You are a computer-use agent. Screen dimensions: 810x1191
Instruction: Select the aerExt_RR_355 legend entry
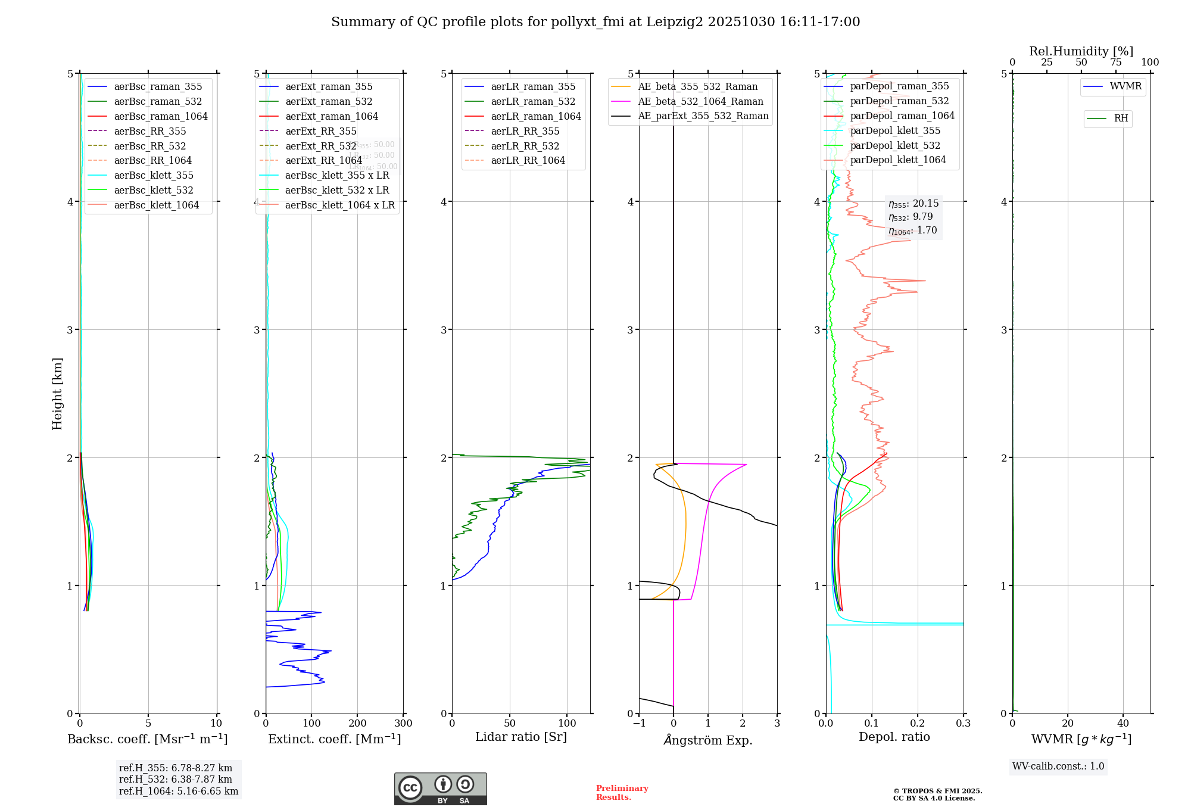tap(321, 131)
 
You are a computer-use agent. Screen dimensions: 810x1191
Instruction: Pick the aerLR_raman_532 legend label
tap(533, 101)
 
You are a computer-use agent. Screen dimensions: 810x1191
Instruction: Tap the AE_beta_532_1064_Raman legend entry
tap(700, 101)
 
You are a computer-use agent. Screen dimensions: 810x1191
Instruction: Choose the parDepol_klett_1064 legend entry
tap(898, 160)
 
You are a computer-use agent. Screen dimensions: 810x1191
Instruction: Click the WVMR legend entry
tap(1125, 86)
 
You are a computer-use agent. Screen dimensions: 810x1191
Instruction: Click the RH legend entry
tap(1121, 119)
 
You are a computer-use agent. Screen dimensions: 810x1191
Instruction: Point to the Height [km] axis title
tap(57, 393)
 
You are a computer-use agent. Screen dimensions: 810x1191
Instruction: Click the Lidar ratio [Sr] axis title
tap(521, 737)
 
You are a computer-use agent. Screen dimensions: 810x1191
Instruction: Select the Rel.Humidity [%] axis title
tap(1081, 51)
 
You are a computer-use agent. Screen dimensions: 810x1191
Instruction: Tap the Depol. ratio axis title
tap(894, 737)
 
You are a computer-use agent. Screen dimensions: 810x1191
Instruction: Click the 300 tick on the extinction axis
tap(404, 724)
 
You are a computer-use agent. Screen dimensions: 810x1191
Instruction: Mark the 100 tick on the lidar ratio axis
tap(568, 724)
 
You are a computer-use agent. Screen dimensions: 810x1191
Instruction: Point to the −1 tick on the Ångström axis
tap(639, 724)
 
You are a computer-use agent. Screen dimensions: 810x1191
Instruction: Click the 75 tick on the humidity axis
tap(1116, 63)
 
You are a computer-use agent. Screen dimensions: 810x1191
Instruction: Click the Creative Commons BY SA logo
tap(440, 789)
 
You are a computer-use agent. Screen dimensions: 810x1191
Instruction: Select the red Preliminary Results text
tap(622, 792)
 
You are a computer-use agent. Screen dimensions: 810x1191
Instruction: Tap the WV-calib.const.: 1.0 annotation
tap(1058, 766)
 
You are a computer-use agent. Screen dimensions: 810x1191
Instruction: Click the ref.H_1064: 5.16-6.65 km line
tap(179, 791)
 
